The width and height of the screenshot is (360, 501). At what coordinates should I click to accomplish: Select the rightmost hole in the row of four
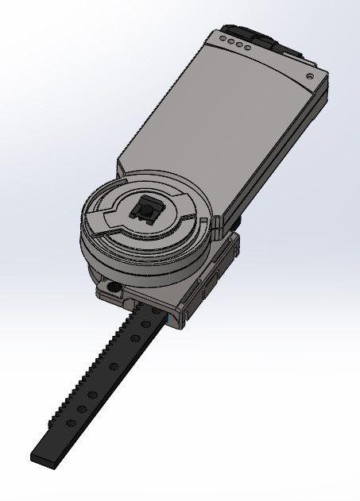[x=248, y=49]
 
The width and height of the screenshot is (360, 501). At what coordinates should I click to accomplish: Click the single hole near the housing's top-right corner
[x=308, y=76]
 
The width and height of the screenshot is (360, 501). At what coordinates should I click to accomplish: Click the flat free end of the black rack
[x=43, y=457]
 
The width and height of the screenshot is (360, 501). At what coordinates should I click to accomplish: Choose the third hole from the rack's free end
[x=93, y=395]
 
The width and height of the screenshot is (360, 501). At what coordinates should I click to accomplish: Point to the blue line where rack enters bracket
[x=169, y=317]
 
